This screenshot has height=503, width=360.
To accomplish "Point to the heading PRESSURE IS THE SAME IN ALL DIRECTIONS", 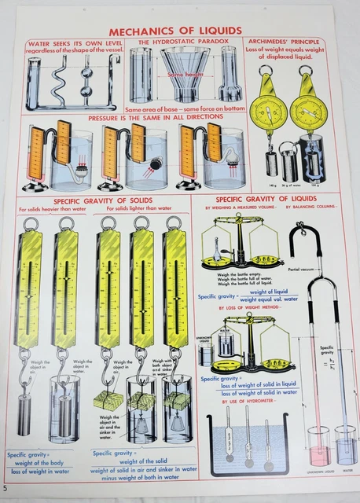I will tap(155, 116).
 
